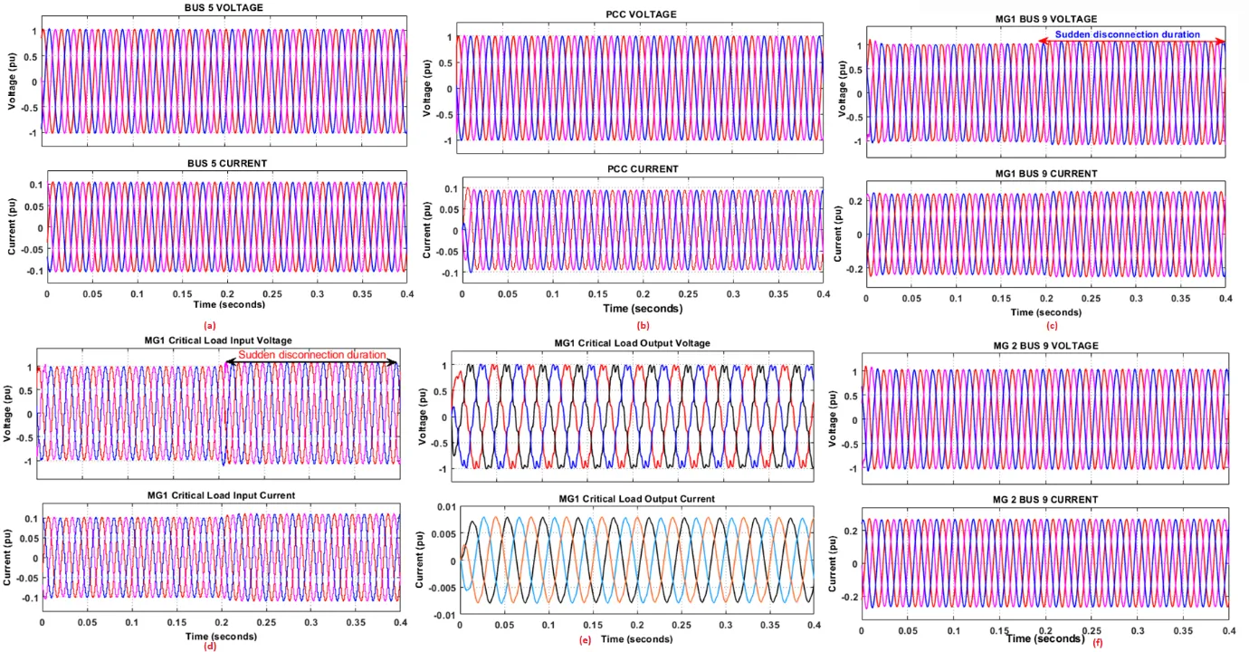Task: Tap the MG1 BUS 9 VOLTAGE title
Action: point(1046,19)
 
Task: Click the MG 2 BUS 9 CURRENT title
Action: point(1045,500)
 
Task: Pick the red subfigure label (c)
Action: point(1050,326)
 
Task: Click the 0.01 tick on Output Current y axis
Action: point(446,506)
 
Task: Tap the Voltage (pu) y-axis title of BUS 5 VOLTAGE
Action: point(11,81)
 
